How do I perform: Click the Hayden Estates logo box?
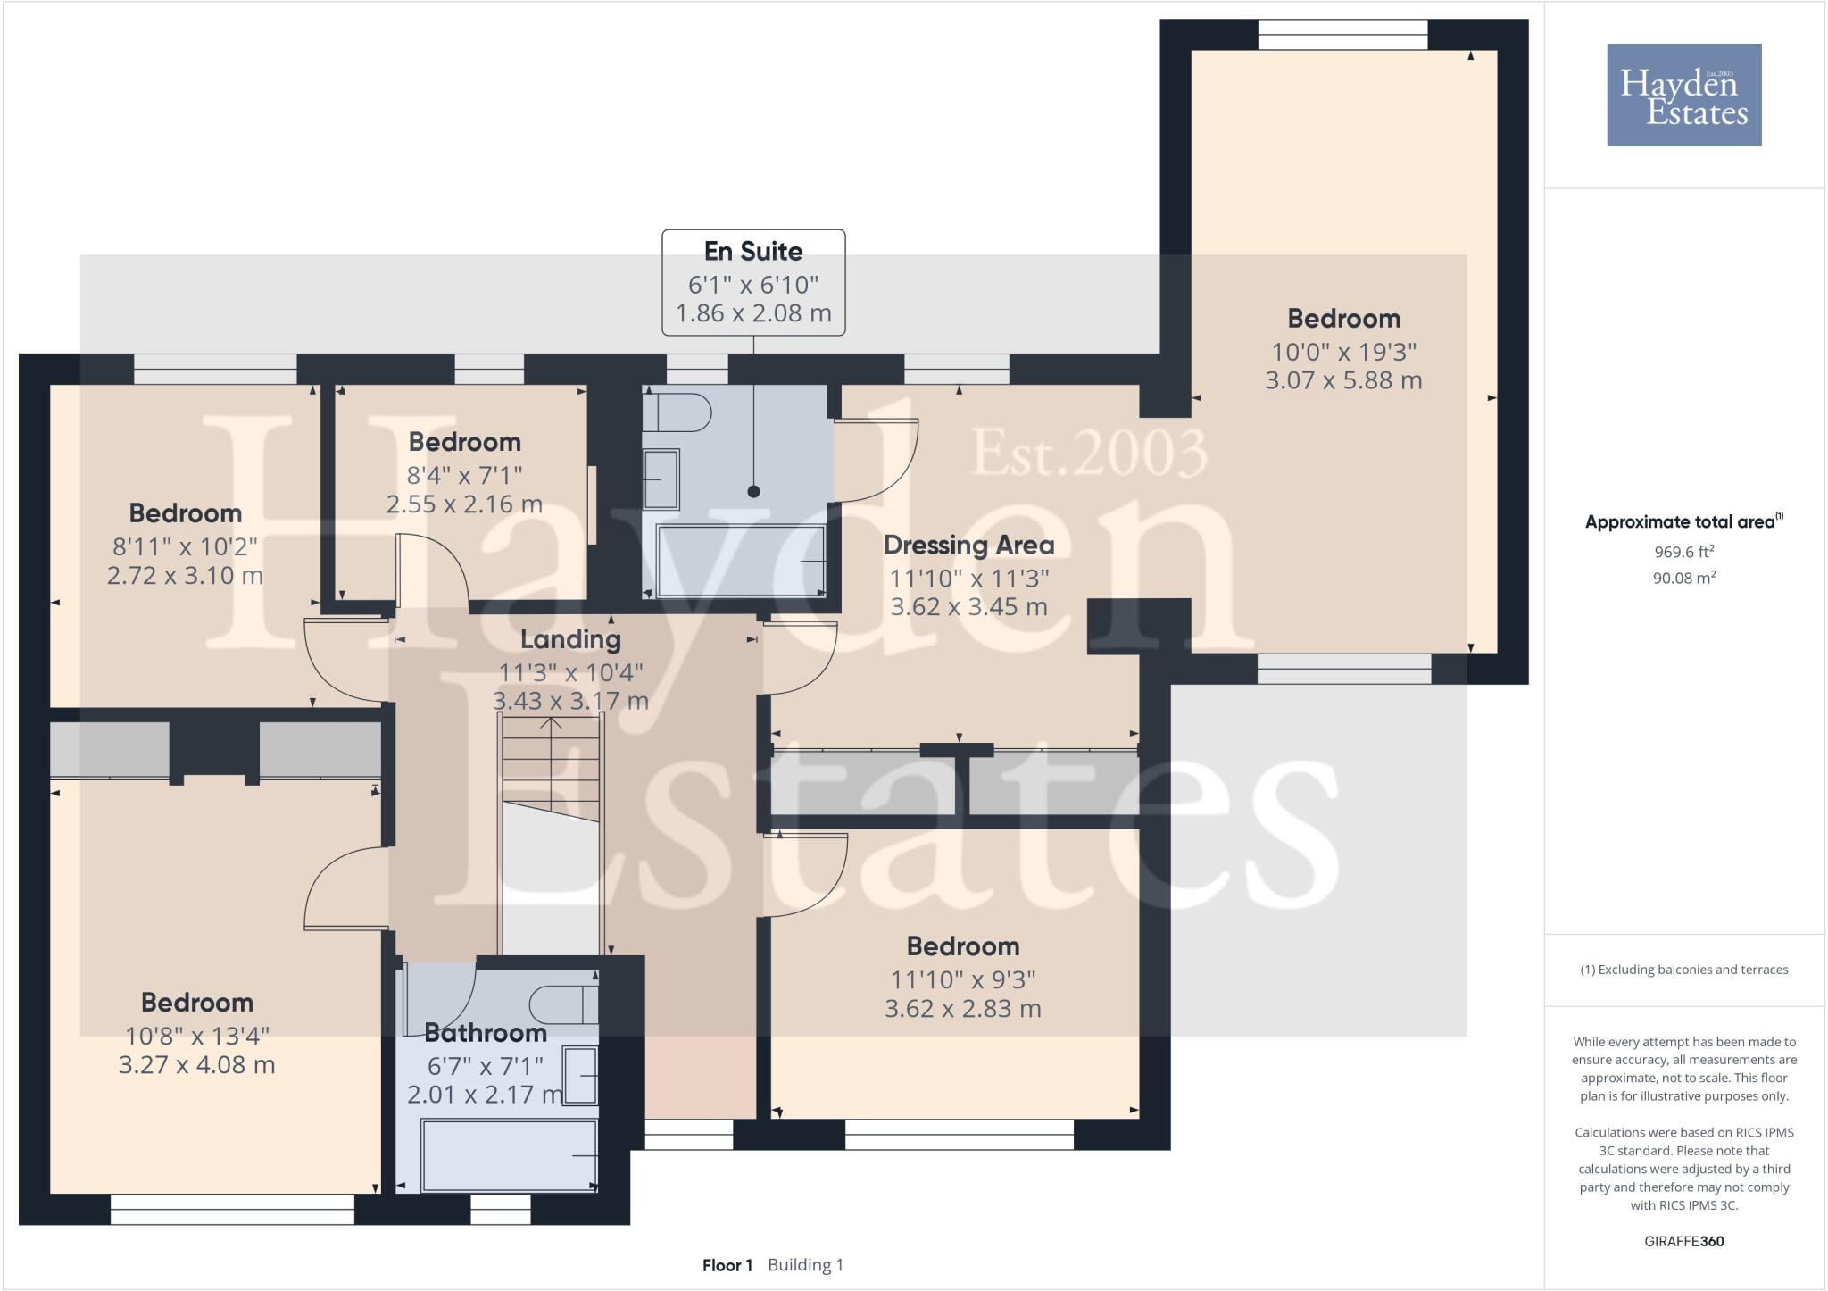pyautogui.click(x=1683, y=95)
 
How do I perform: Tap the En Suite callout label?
pyautogui.click(x=753, y=252)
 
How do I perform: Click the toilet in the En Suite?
pyautogui.click(x=678, y=413)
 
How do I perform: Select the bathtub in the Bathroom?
pyautogui.click(x=509, y=1155)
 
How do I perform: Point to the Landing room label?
pyautogui.click(x=570, y=639)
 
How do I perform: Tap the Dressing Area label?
pyautogui.click(x=968, y=545)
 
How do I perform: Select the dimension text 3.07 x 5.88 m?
pyautogui.click(x=1343, y=380)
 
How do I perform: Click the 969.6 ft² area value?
pyautogui.click(x=1683, y=552)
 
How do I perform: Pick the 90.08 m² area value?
pyautogui.click(x=1683, y=578)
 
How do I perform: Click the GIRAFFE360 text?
pyautogui.click(x=1683, y=1241)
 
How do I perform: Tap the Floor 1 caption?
pyautogui.click(x=727, y=1265)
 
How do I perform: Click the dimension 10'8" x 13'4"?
pyautogui.click(x=197, y=1036)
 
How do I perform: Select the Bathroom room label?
pyautogui.click(x=485, y=1033)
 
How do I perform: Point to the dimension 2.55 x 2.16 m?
pyautogui.click(x=464, y=504)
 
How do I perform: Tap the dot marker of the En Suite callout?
pyautogui.click(x=753, y=491)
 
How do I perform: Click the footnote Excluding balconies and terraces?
pyautogui.click(x=1683, y=970)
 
